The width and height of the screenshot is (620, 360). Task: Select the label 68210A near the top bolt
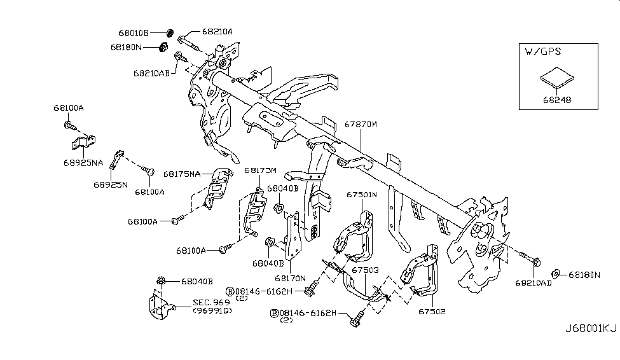(217, 31)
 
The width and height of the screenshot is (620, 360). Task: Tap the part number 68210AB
(151, 73)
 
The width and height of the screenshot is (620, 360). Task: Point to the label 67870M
(362, 125)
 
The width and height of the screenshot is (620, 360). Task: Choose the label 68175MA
(182, 173)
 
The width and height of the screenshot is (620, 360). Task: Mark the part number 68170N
(291, 279)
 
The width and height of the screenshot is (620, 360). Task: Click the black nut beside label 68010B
(170, 31)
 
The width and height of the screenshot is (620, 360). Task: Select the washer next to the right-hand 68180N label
(555, 273)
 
